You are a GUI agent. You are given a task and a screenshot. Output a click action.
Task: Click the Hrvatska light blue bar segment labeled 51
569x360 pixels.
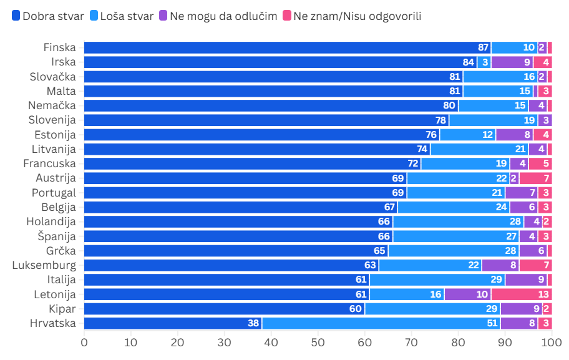(x=381, y=323)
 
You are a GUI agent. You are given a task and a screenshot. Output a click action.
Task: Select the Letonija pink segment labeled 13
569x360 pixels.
(x=521, y=294)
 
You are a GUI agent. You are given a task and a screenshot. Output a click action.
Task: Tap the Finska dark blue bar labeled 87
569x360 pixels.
(x=287, y=47)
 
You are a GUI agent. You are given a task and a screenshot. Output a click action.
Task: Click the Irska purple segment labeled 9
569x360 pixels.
(x=512, y=62)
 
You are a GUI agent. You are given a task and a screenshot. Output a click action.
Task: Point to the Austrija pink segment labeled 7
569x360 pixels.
(x=535, y=178)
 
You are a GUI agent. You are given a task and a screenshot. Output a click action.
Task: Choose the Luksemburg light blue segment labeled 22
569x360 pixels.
(x=430, y=265)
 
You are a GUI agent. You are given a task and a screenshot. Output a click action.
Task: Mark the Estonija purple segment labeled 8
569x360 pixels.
(x=514, y=135)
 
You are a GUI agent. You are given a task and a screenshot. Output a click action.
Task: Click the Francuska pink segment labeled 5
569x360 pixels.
(x=540, y=163)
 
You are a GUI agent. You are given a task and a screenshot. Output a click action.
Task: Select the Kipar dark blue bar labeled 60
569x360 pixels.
(x=224, y=309)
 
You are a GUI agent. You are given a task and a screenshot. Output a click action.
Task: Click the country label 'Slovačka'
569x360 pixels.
(x=52, y=77)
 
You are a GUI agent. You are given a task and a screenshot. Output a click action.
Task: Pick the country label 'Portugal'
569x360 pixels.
(x=54, y=193)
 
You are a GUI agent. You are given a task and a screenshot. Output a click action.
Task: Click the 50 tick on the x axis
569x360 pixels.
(x=318, y=342)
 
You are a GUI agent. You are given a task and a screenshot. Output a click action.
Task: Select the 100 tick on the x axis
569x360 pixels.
(x=551, y=342)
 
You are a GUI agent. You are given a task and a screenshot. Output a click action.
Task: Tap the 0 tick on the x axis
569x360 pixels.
(x=84, y=342)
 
